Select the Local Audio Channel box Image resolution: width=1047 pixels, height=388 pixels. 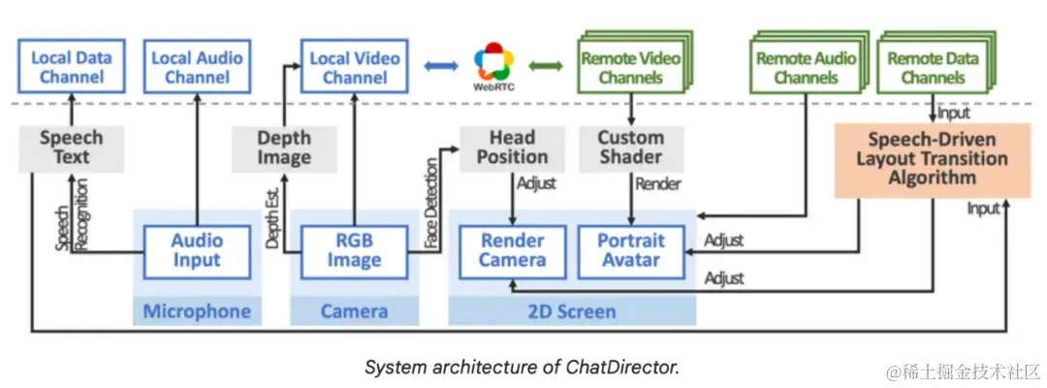tap(197, 66)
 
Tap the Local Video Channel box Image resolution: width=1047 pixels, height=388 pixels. tap(355, 66)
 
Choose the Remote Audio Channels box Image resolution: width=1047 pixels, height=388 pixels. tap(805, 67)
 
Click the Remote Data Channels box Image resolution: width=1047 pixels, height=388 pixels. tap(933, 67)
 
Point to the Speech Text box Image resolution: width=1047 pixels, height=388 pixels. tap(71, 147)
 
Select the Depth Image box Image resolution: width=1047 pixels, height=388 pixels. tap(283, 147)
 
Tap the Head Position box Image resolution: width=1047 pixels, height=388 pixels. tap(512, 147)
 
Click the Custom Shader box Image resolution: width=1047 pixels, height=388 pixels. tap(630, 147)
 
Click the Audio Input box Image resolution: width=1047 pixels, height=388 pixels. tap(197, 251)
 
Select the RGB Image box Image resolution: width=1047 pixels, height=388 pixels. tap(354, 251)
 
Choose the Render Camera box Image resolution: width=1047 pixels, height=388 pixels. tap(512, 251)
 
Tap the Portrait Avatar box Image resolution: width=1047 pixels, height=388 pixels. tap(630, 251)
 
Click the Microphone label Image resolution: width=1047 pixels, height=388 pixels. tap(197, 311)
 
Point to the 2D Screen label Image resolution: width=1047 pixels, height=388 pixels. tap(572, 311)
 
